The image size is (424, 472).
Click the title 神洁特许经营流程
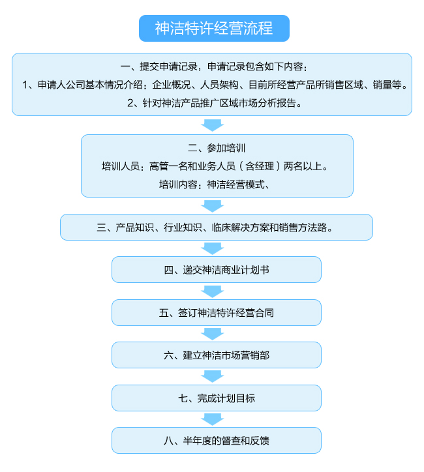point(214,28)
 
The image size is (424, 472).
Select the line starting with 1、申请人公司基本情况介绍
point(215,85)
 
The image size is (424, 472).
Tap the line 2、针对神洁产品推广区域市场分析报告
point(215,103)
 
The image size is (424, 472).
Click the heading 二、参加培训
point(217,148)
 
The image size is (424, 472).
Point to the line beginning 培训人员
point(215,166)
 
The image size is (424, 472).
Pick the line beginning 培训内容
point(215,184)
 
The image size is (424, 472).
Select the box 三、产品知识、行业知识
point(217,228)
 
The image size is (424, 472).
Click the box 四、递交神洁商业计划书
point(217,270)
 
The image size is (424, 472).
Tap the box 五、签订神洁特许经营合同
point(217,313)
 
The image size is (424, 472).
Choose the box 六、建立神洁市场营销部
point(217,355)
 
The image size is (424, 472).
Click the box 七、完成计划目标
point(217,398)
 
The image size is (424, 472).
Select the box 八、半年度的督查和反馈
point(217,441)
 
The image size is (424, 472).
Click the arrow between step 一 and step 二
point(213,125)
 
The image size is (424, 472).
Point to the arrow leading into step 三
point(213,206)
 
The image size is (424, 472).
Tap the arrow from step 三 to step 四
point(213,248)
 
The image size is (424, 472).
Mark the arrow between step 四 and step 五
point(213,291)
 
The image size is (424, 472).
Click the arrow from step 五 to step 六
point(213,334)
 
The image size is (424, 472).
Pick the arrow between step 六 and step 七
point(213,377)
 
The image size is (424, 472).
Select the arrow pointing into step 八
point(213,419)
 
